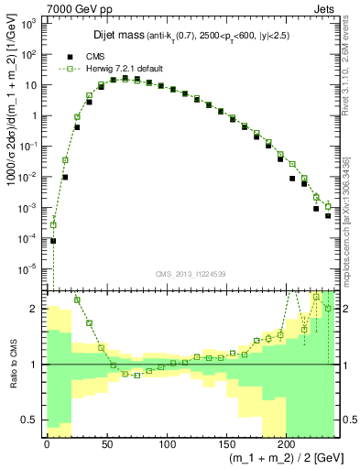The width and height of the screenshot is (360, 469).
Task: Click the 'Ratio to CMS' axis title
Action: (x=12, y=364)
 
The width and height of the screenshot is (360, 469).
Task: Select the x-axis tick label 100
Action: (x=166, y=443)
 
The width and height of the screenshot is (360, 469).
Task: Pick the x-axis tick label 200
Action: (x=286, y=443)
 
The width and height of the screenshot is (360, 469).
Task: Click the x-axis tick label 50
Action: (x=106, y=443)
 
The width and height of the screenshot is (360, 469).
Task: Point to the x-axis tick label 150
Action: (x=226, y=443)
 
